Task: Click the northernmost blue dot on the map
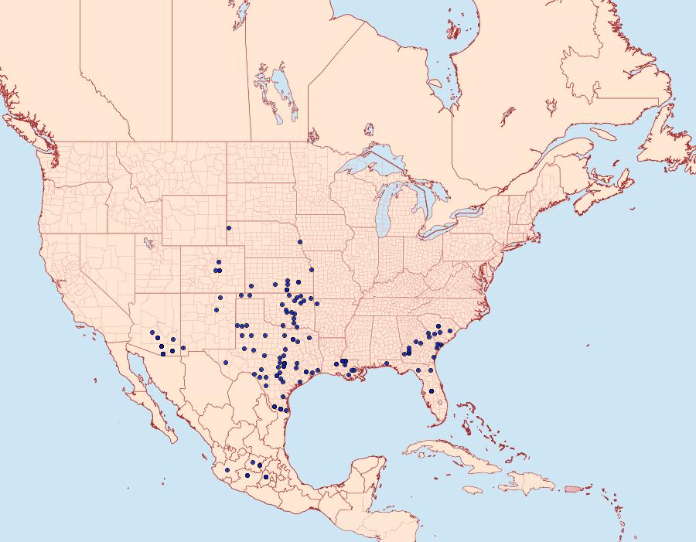point(229,227)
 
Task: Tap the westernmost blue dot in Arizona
point(153,332)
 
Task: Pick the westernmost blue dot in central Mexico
point(227,469)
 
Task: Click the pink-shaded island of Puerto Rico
point(573,488)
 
